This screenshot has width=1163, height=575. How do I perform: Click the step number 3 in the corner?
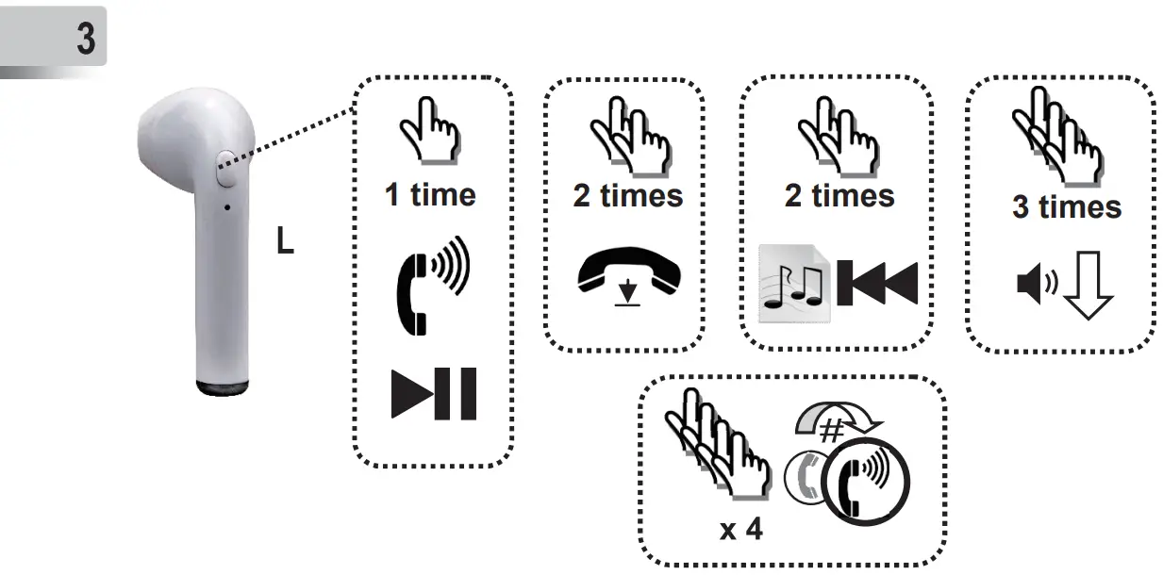tap(85, 41)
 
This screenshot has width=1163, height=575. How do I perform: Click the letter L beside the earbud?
tap(285, 242)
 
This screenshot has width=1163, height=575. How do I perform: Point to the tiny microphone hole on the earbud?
tap(227, 205)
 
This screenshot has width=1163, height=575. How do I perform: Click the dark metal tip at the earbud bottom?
tap(223, 386)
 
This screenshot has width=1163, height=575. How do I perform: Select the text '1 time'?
tap(430, 195)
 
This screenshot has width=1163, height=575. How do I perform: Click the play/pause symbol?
tap(434, 395)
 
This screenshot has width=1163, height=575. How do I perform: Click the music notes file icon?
tap(793, 284)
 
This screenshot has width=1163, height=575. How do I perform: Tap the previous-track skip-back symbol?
tap(877, 283)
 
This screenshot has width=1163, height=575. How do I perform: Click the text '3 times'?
tap(1067, 206)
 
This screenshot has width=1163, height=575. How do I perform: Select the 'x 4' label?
tap(740, 529)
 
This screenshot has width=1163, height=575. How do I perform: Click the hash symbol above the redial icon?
tap(830, 430)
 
